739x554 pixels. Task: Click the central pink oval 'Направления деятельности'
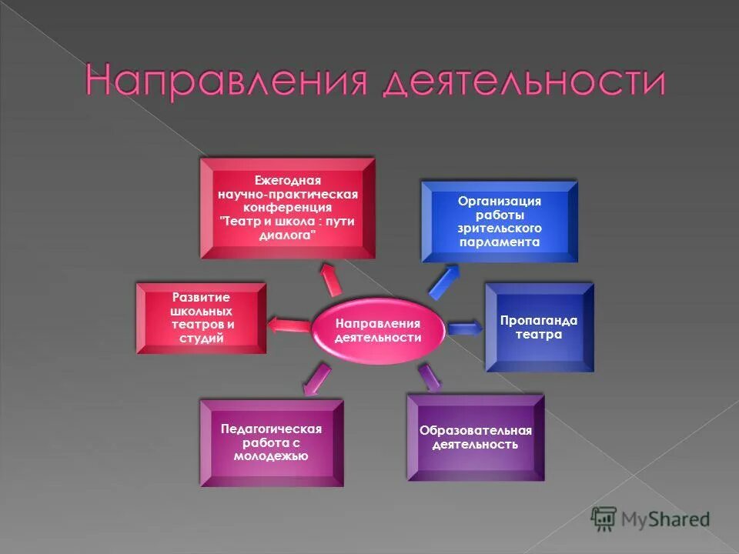378,331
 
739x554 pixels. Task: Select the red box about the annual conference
287,209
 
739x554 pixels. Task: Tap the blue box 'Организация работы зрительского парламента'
500,222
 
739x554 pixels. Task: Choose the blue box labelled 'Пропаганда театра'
539,328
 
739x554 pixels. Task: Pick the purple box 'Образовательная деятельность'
475,437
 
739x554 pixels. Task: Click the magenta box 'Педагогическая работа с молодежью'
271,442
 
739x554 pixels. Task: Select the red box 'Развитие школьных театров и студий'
202,318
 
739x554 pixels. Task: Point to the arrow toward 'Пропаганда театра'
464,329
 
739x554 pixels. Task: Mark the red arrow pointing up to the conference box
331,279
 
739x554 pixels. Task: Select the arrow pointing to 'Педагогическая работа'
316,379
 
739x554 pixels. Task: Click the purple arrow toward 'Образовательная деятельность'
429,376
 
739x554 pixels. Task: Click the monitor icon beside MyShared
604,519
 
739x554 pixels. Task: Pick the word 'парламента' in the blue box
500,242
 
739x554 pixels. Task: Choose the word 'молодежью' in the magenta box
271,456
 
